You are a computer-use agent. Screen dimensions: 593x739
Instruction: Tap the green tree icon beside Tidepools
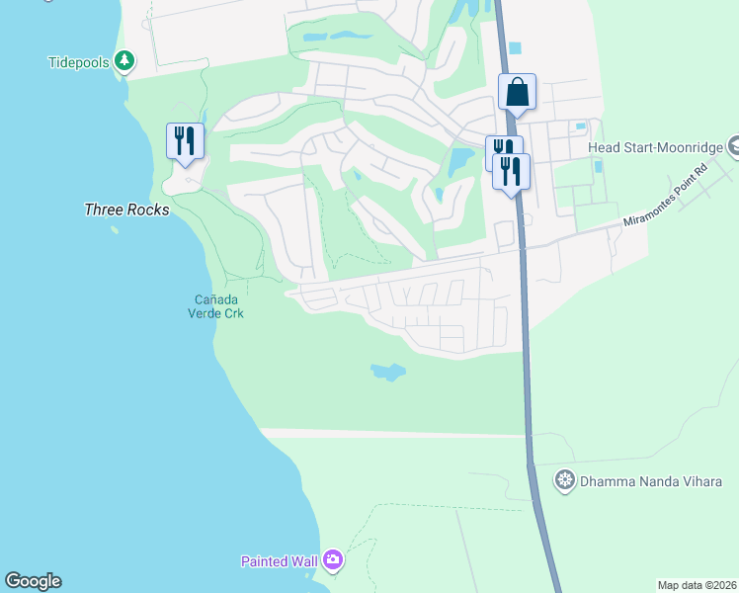(124, 62)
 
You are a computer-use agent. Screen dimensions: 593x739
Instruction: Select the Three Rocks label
(126, 210)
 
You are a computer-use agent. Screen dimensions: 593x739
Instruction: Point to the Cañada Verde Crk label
(215, 306)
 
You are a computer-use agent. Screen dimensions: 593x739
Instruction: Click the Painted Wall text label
(279, 561)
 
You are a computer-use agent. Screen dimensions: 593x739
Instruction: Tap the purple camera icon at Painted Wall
(333, 561)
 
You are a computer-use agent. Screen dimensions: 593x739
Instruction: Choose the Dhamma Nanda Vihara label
(651, 481)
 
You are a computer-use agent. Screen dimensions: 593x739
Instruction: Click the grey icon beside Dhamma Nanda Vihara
(564, 481)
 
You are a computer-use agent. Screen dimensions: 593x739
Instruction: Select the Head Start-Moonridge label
(655, 147)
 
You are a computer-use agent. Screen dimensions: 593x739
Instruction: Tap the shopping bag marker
(517, 93)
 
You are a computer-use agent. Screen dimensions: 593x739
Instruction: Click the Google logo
(33, 581)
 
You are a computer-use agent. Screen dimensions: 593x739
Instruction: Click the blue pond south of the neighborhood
(388, 373)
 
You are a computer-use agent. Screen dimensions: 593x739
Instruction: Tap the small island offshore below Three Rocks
(115, 230)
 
